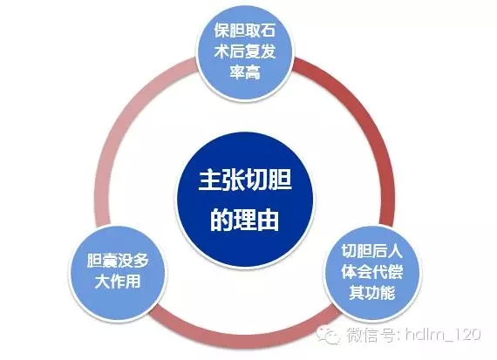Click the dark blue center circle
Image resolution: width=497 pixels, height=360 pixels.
pos(245,200)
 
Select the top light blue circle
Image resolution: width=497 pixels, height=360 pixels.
pos(245,52)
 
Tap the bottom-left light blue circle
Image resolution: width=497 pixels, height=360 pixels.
pos(118,273)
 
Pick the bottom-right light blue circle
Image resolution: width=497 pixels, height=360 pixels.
pos(372,273)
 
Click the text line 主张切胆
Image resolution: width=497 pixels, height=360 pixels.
pos(245,181)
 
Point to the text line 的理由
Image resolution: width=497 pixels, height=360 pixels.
pos(245,220)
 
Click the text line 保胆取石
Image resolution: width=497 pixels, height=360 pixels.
pos(245,31)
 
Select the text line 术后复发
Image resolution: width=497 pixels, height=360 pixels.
pos(245,51)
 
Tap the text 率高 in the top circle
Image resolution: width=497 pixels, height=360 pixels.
pos(245,72)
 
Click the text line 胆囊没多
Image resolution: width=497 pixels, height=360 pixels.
pos(118,261)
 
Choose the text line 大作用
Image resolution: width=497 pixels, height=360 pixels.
pos(118,282)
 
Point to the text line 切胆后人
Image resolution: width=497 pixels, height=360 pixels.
pos(372,251)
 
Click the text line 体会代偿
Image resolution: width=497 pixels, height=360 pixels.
pos(372,272)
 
